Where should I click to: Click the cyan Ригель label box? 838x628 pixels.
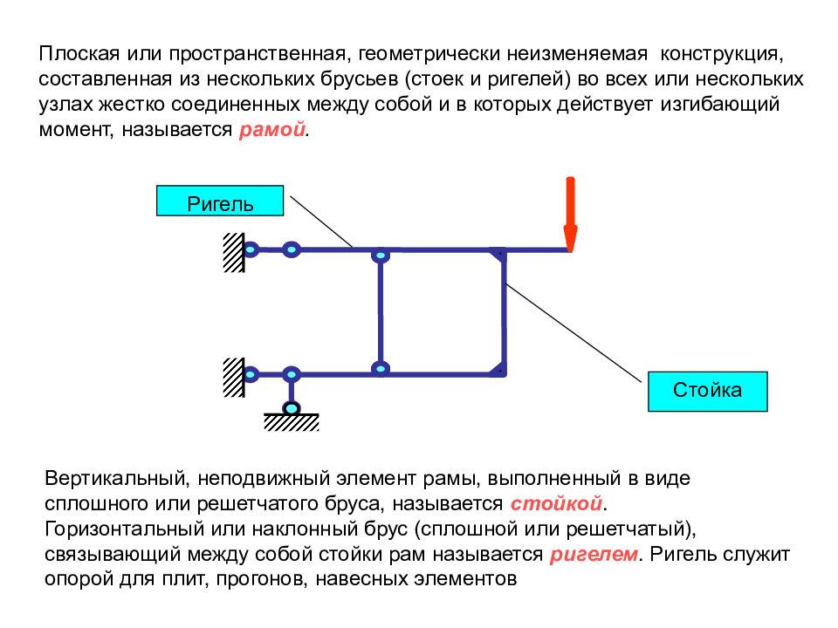220,201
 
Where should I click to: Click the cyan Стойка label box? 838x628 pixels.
708,392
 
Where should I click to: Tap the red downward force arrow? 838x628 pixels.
570,215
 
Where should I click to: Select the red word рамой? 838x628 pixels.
272,130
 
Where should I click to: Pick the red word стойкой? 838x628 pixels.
556,503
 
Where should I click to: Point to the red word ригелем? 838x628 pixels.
594,555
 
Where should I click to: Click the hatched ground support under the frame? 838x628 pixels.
292,422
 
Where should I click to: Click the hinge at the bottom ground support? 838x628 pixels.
292,408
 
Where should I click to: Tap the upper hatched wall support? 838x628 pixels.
234,253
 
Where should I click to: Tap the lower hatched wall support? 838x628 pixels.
234,378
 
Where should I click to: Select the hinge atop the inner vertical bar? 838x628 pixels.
380,256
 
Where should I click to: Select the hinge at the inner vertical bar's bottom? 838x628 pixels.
380,368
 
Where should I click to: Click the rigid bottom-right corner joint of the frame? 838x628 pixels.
499,370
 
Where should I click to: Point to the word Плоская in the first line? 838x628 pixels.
79,54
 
